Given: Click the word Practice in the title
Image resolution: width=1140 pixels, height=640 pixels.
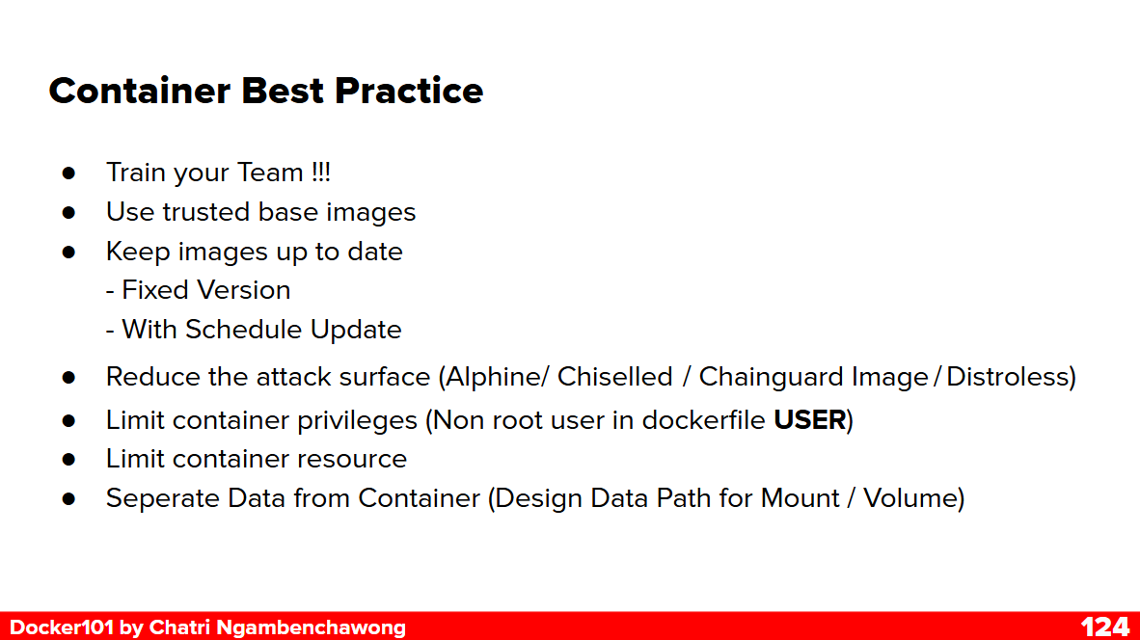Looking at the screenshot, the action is tap(409, 91).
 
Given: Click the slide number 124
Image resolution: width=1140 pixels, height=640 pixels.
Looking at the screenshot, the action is tap(1104, 627).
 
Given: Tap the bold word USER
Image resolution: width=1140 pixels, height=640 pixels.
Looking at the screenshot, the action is tap(810, 420).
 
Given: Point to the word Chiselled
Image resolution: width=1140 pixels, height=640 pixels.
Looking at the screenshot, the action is tap(615, 377).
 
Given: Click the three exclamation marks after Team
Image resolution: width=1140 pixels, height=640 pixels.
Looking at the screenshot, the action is tap(320, 173).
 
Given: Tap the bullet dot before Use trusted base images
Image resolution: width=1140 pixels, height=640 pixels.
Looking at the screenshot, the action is tap(69, 212).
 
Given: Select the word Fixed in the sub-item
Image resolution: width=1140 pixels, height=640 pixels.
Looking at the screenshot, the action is tap(151, 290).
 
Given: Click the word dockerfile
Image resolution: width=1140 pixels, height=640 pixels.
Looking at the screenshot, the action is tap(703, 420).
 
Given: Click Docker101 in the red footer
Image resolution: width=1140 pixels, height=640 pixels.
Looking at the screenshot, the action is tap(61, 627).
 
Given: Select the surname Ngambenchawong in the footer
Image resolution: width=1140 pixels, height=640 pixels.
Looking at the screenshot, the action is tap(311, 627).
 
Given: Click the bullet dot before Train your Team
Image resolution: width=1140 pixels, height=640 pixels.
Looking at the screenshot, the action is tap(69, 173).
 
